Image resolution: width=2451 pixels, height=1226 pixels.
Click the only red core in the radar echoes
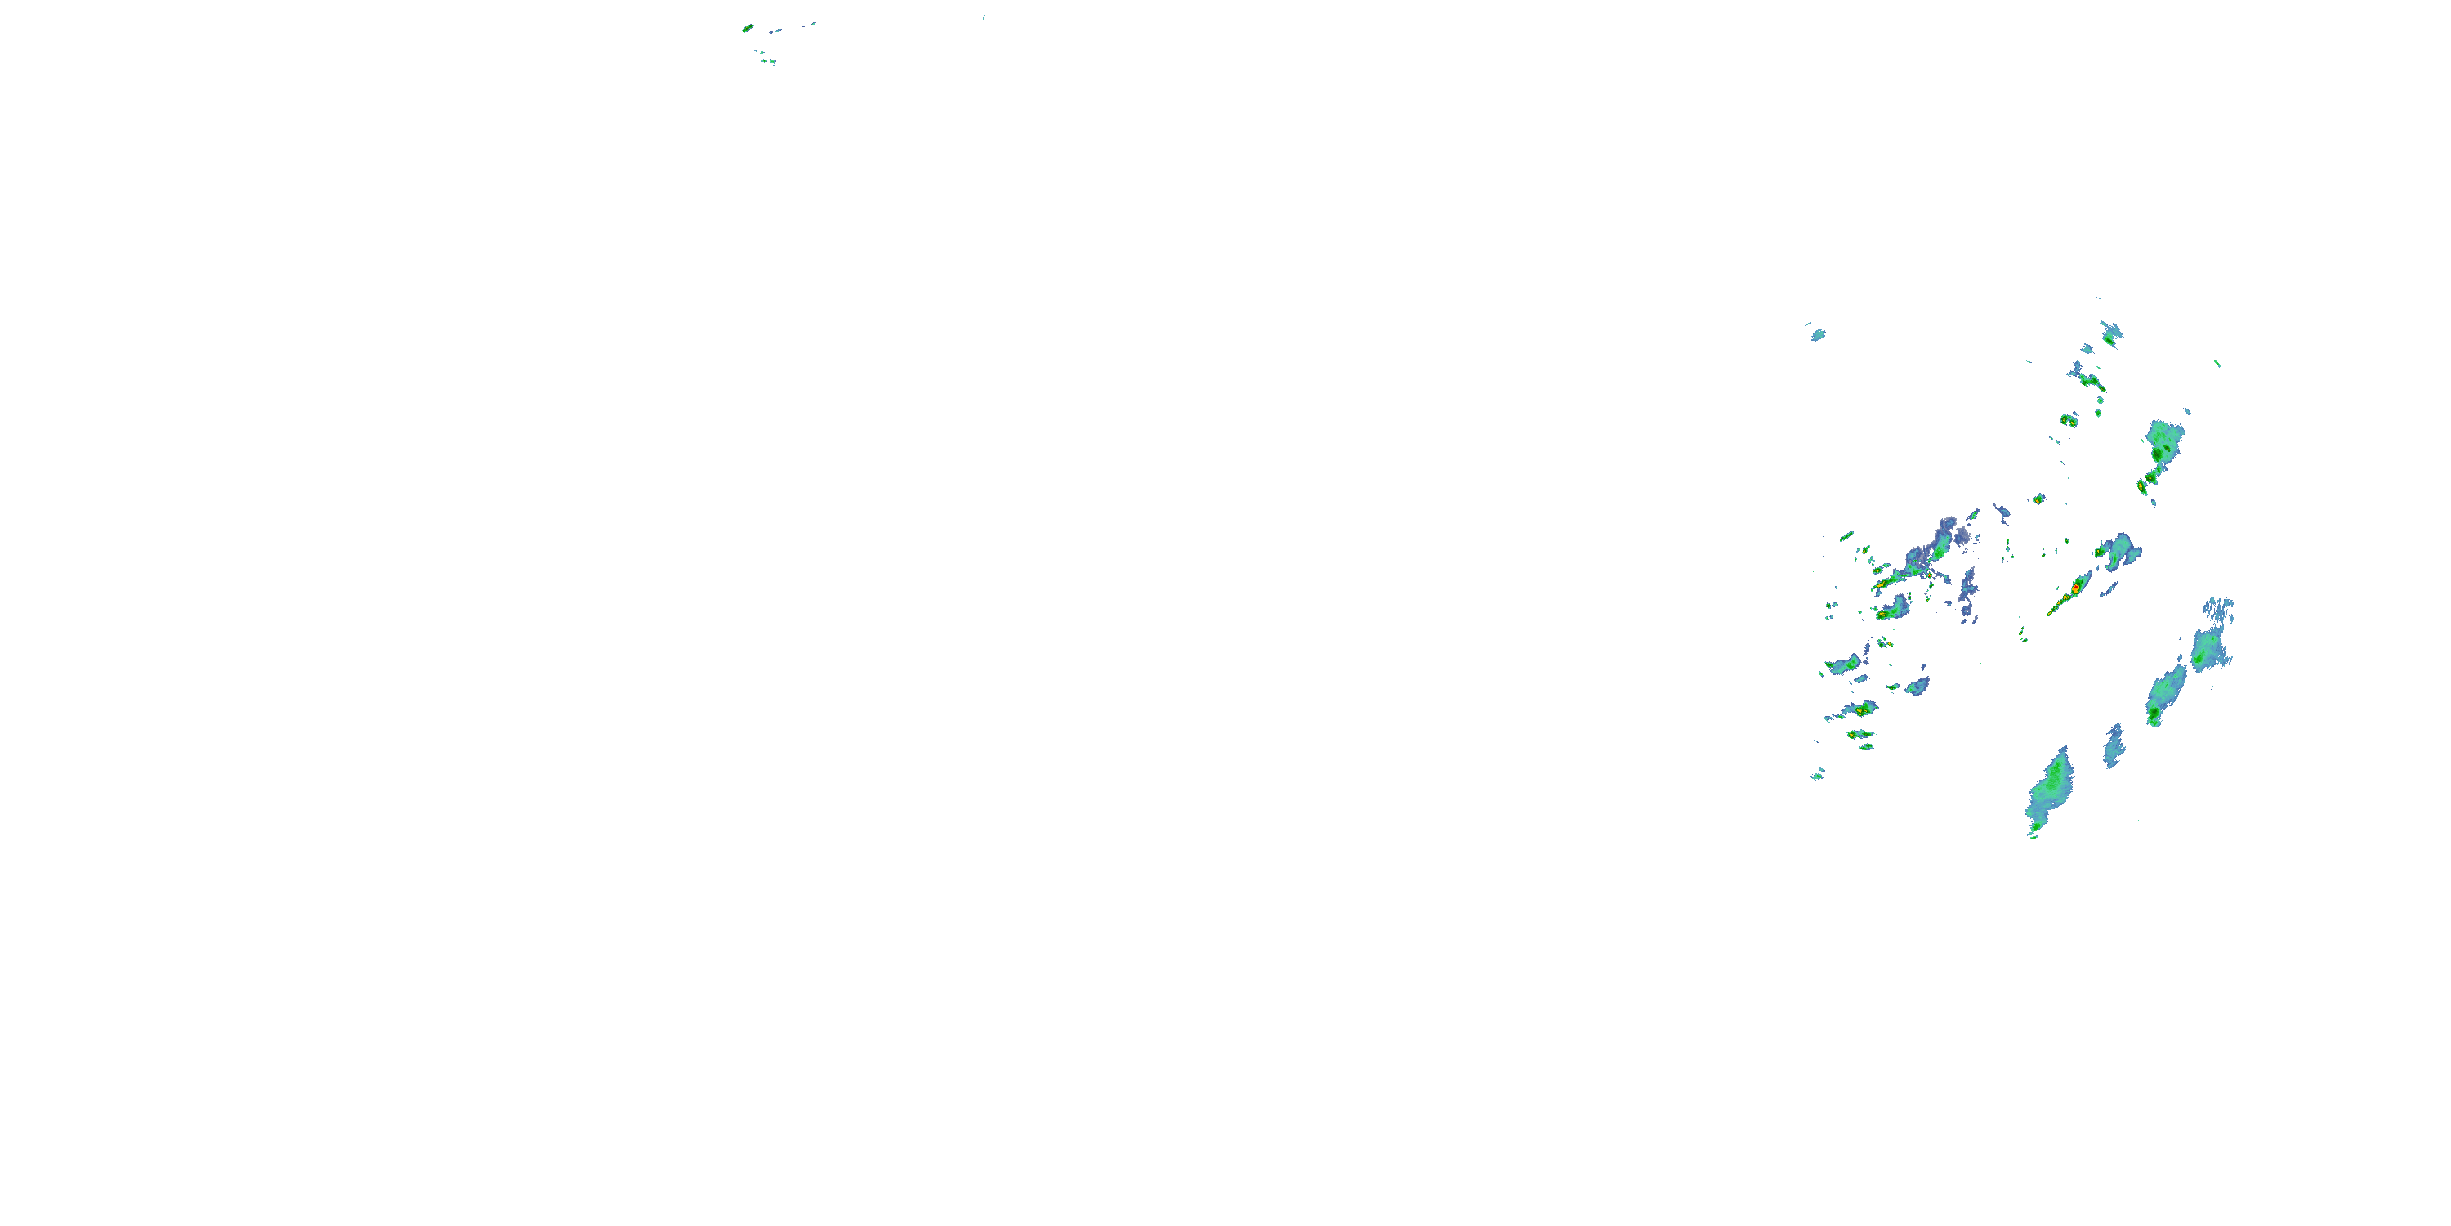(2075, 590)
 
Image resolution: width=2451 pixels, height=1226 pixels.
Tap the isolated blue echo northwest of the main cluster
(1817, 334)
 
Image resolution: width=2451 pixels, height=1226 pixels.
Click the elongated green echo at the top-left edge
(748, 28)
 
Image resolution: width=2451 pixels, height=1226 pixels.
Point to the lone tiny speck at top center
(984, 16)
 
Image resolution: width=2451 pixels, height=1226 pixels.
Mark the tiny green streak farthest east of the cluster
(2217, 363)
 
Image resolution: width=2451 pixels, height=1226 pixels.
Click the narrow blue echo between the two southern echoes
(2114, 745)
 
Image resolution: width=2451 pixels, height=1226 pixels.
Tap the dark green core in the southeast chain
(2153, 711)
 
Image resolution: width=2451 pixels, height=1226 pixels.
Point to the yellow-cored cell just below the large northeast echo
(2142, 486)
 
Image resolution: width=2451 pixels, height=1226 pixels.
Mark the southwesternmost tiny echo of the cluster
(1817, 775)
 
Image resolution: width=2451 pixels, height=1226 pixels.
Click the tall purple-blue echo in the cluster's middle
(1967, 594)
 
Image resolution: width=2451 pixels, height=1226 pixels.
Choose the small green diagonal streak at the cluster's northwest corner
(1846, 536)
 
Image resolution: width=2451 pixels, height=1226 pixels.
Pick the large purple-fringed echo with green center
(1936, 543)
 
